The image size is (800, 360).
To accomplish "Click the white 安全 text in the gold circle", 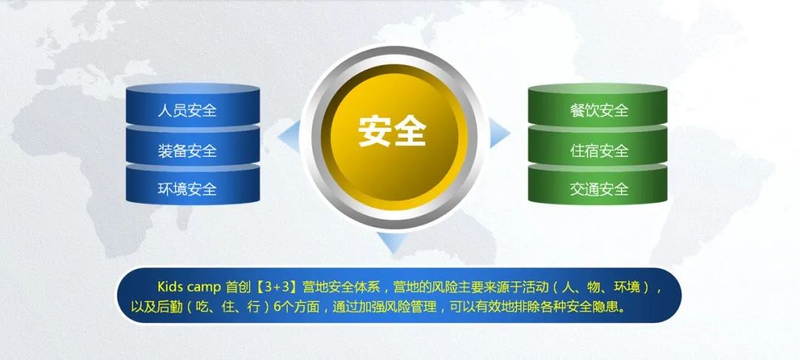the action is [x=392, y=132].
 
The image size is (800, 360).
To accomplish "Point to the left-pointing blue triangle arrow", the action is [x=290, y=136].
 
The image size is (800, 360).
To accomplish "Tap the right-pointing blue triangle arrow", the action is [x=499, y=132].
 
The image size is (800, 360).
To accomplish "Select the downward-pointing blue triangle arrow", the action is [x=393, y=242].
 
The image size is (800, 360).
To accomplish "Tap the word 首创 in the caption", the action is [x=238, y=287].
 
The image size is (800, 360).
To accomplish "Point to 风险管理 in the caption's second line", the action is [x=413, y=307].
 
